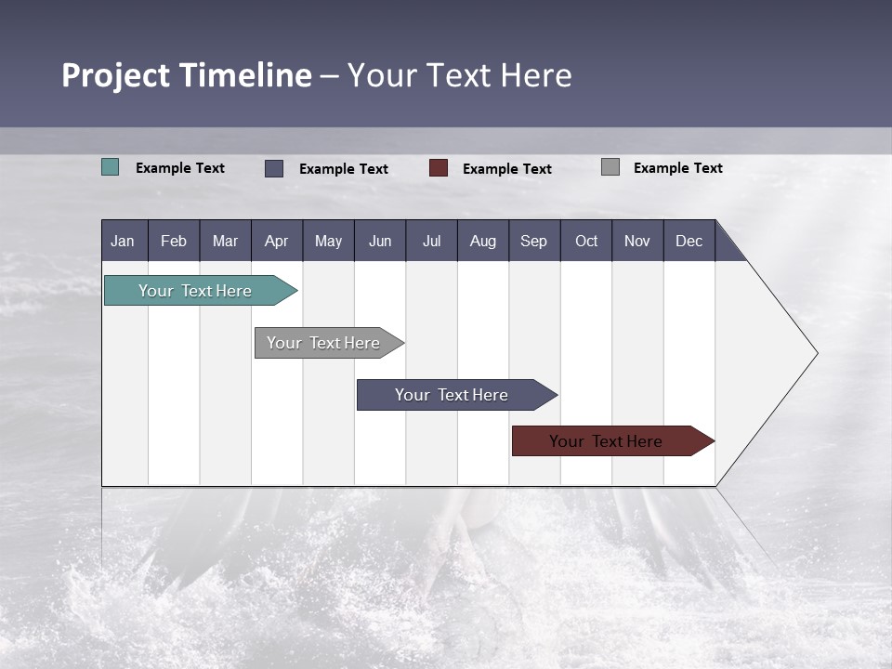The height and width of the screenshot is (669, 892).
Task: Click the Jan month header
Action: coord(123,241)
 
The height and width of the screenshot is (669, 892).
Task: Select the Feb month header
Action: coord(174,241)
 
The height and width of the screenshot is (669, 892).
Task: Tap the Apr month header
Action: coord(276,241)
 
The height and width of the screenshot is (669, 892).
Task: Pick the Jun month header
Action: coord(380,241)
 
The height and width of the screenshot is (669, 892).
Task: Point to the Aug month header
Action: coord(482,241)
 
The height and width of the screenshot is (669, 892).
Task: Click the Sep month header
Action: coord(533,241)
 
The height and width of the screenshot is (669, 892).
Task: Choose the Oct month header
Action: coord(586,241)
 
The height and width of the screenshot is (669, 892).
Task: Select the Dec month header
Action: coord(689,241)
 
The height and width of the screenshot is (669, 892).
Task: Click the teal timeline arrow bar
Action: coord(195,291)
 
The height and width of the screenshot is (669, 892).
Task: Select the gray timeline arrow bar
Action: coord(323,343)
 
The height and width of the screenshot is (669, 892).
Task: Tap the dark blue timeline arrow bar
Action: coord(452,395)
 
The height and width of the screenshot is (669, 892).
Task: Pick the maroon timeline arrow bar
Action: coord(606,441)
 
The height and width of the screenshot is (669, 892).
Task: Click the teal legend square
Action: coord(111,167)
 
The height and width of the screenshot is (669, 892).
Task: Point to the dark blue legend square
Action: coord(274,168)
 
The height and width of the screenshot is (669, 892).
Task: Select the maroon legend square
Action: coord(439,168)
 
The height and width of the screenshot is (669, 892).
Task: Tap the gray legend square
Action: coord(610,167)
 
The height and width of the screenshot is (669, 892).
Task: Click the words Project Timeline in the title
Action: coord(186,75)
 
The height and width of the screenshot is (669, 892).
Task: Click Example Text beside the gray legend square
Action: coord(677,168)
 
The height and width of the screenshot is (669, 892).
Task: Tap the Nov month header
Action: coord(636,241)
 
